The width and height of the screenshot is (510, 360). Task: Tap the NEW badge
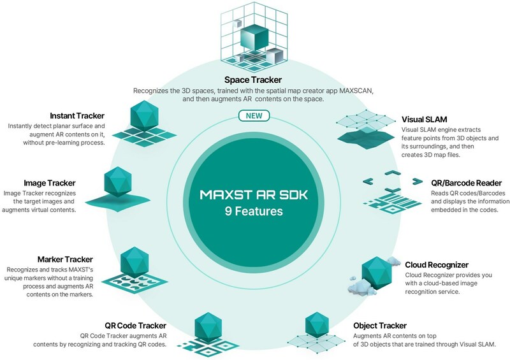(x=254, y=116)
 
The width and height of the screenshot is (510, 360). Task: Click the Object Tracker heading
(x=379, y=325)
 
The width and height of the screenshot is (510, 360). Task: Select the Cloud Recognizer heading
(x=437, y=264)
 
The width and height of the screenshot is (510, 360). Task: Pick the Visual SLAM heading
(x=423, y=119)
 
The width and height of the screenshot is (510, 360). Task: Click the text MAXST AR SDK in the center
(x=254, y=192)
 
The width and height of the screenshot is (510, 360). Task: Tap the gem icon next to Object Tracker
(x=317, y=329)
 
